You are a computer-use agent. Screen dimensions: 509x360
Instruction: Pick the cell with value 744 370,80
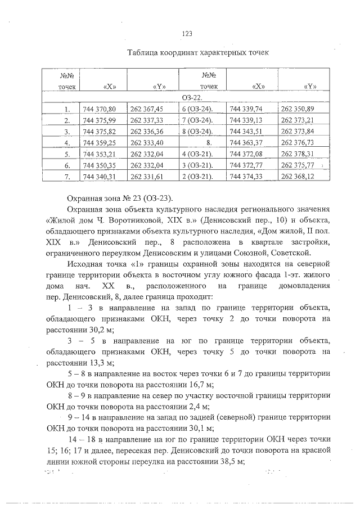tap(99, 109)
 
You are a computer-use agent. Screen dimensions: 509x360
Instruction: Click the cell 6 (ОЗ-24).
tap(197, 109)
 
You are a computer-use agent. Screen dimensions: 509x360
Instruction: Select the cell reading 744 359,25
tap(99, 143)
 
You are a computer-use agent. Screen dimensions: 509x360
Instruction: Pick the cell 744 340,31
tap(99, 177)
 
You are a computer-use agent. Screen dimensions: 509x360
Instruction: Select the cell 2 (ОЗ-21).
tap(197, 177)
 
